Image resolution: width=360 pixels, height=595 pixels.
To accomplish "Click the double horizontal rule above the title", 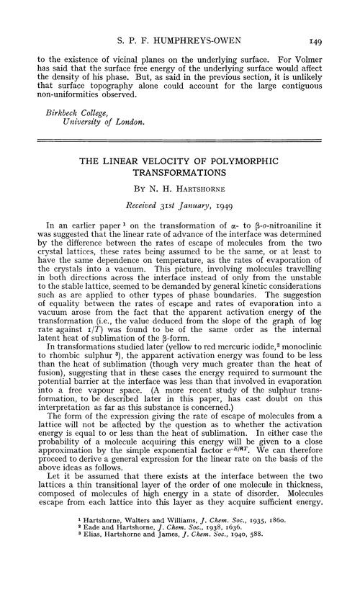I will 180,146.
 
